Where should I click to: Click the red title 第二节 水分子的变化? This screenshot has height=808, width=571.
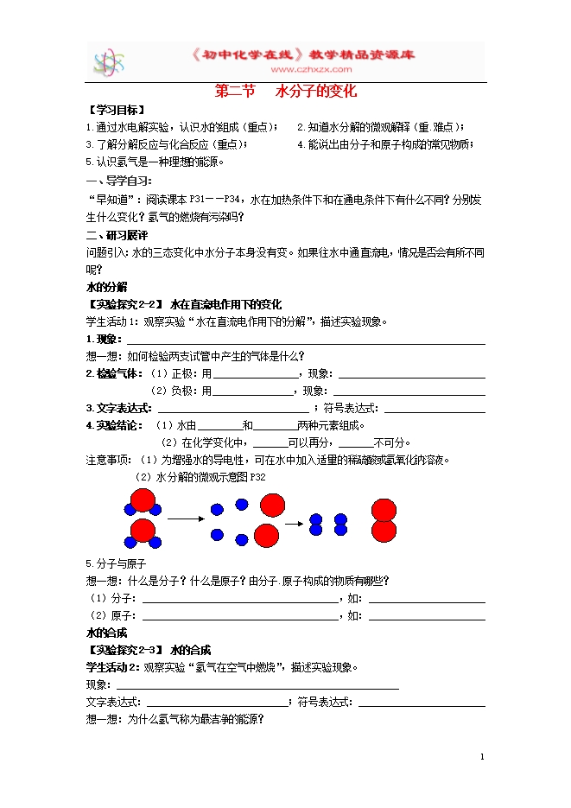285,91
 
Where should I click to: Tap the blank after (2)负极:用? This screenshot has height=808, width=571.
254,391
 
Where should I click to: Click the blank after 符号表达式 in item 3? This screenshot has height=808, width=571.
435,408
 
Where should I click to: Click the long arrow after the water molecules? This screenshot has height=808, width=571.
182,519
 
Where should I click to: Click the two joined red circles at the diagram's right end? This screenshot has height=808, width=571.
384,520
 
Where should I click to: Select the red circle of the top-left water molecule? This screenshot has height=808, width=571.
143,500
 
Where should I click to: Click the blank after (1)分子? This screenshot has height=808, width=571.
240,598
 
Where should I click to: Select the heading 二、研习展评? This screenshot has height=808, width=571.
117,235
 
